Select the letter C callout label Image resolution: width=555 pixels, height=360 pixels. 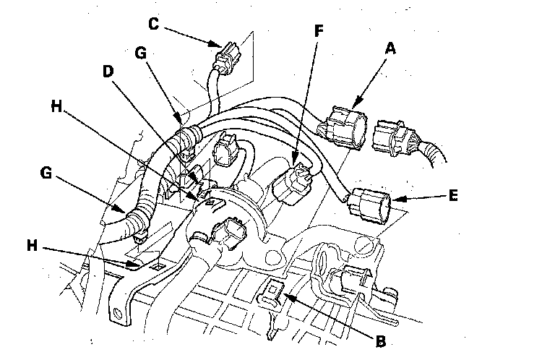coord(152,22)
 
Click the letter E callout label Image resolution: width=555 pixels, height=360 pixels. coord(453,195)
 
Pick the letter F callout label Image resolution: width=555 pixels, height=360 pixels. coord(319,30)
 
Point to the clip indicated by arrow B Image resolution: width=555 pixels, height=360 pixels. coord(273,291)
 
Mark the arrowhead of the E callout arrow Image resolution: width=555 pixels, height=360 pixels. coord(393,198)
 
